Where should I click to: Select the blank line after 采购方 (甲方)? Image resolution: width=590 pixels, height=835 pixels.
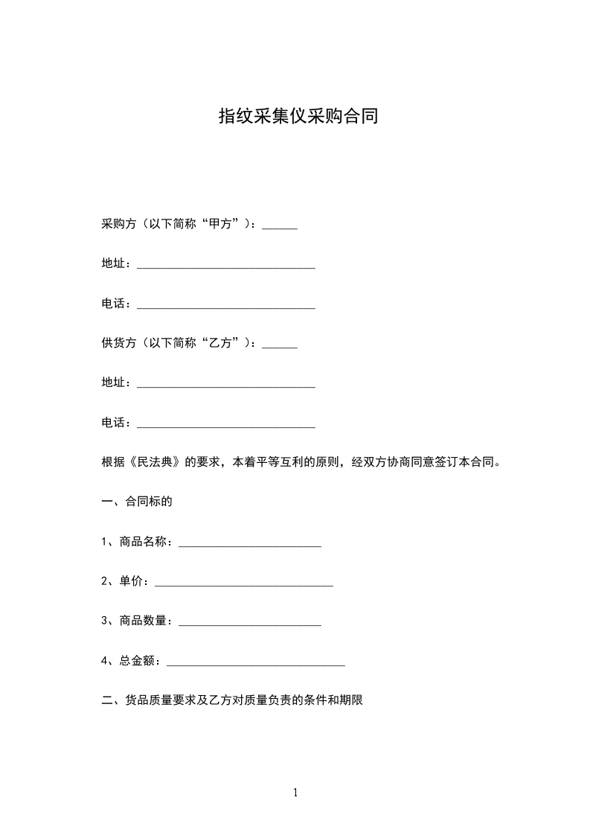coord(280,227)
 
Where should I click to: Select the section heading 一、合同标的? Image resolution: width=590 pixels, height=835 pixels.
coord(137,501)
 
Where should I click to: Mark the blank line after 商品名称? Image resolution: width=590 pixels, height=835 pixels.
coord(250,544)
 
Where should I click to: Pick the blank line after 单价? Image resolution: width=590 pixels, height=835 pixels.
coord(243,583)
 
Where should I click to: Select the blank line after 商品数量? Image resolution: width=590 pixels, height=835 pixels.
coord(250,623)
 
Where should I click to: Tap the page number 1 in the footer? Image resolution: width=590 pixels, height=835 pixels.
coord(295,793)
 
